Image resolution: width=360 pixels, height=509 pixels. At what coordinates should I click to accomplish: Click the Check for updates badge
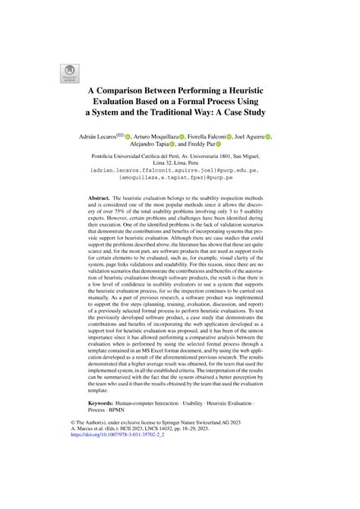(x=58, y=73)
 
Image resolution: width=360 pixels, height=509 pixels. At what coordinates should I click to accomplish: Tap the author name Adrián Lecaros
(x=107, y=136)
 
